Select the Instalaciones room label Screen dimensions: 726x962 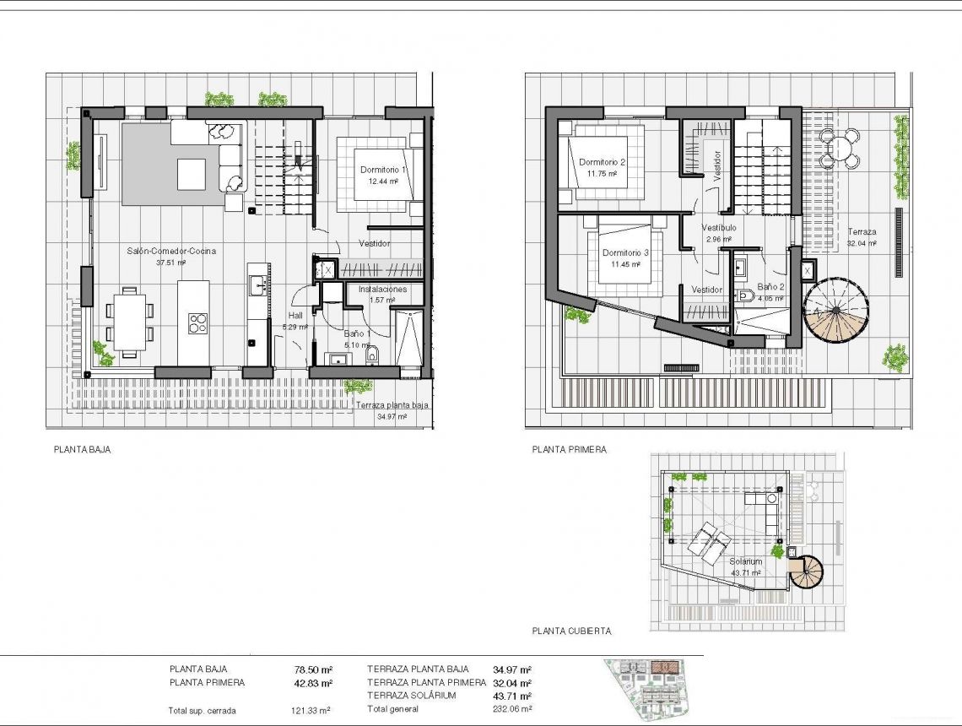[382, 289]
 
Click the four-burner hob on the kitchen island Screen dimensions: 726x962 [197, 323]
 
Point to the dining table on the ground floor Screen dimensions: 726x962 [130, 321]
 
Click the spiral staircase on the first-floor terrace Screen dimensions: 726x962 [835, 310]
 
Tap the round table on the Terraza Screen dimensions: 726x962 [840, 149]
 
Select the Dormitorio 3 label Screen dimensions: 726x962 [625, 252]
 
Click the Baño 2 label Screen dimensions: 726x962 [770, 287]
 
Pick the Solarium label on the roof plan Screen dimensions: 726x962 [745, 561]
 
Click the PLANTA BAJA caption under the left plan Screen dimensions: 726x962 [82, 450]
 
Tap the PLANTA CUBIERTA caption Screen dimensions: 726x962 [571, 631]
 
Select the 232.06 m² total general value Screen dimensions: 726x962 [512, 710]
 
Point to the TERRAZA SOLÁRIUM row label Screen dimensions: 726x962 [412, 696]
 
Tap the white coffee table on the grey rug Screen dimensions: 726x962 [191, 175]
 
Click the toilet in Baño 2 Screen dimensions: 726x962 [746, 296]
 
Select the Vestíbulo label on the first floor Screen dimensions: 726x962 [719, 228]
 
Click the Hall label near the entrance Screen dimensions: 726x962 [294, 316]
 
